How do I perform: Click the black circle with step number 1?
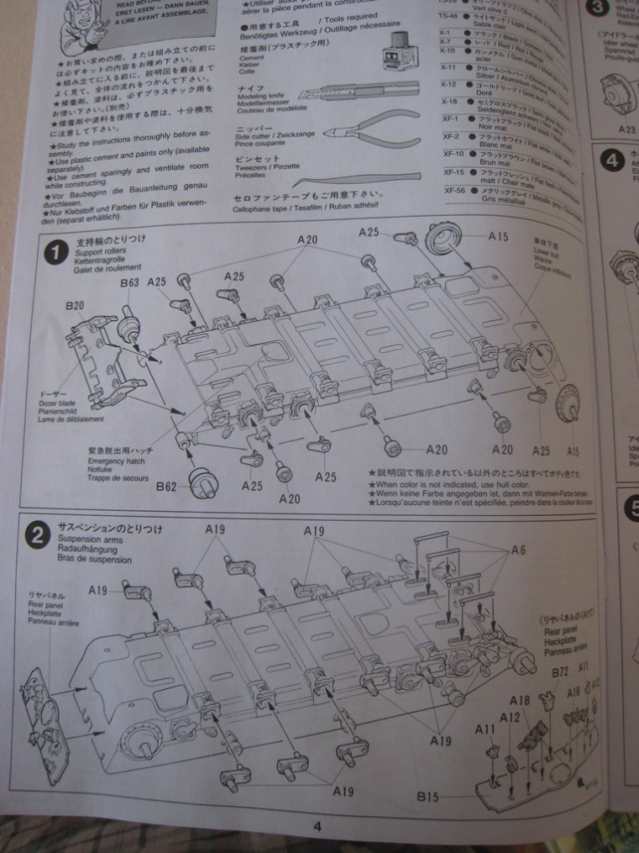(x=56, y=251)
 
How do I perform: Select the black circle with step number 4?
(x=612, y=160)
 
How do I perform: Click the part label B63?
(x=129, y=283)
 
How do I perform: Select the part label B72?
(x=561, y=672)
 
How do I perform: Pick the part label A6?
(x=519, y=550)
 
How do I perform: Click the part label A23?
(x=626, y=129)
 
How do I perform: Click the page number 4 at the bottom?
(x=317, y=826)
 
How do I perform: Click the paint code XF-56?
(x=454, y=190)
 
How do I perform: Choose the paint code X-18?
(x=449, y=102)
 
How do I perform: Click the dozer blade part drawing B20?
(x=109, y=353)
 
